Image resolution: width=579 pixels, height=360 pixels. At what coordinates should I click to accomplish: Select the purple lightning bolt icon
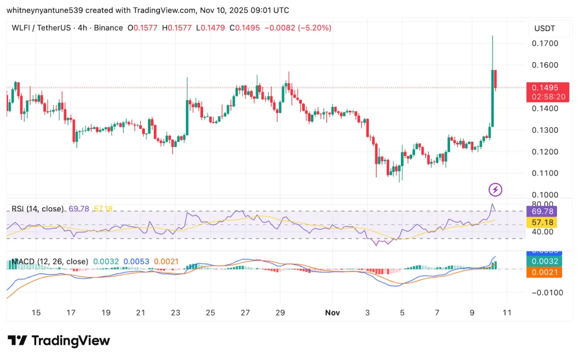495,190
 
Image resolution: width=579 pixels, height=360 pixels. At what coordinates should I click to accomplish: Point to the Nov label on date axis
332,313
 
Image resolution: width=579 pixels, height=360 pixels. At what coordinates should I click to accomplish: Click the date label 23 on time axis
176,313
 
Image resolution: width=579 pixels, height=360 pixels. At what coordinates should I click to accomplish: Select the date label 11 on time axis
507,313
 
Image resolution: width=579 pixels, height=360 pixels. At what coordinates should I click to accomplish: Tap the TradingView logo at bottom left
59,341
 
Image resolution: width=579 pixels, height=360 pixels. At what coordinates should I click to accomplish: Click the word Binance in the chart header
107,28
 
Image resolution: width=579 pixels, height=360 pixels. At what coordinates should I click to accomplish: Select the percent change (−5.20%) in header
312,28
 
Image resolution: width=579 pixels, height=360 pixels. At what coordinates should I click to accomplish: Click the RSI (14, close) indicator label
37,209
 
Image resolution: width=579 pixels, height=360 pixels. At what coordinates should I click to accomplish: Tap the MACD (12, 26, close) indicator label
50,262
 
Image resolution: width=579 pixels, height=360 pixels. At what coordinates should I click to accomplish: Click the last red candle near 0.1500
495,79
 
